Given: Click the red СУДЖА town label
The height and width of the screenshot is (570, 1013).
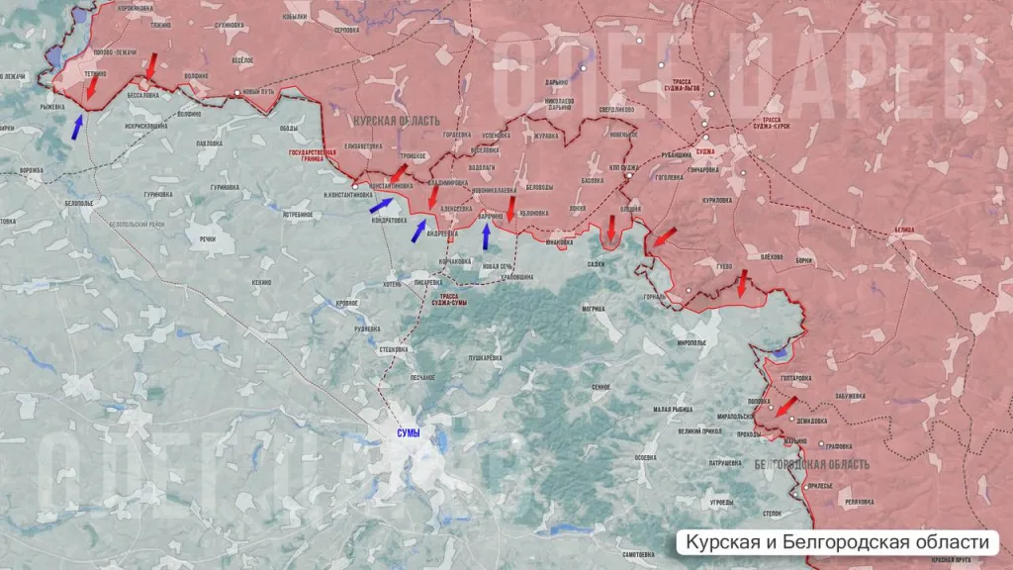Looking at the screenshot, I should coord(704,152).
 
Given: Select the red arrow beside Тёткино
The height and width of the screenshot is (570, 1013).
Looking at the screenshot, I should coord(92,89).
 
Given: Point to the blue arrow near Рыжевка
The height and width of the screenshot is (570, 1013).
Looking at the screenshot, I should coord(77,126).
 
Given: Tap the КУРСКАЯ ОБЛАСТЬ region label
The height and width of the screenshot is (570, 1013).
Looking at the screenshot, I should coord(396,120).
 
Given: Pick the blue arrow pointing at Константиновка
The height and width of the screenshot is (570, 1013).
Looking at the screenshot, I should coord(381,205).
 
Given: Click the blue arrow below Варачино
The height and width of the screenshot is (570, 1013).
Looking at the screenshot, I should coord(486,236).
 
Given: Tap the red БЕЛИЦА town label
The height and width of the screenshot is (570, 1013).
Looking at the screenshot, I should coord(903,230).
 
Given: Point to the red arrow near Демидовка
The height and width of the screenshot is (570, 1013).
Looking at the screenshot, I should coord(785,407).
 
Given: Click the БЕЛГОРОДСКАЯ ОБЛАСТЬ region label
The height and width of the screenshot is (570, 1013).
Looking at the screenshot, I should coord(811,464).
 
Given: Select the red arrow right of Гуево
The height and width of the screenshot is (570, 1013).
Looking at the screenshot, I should coord(742,286).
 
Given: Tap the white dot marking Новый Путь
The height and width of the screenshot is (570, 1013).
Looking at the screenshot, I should coord(237,93).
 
